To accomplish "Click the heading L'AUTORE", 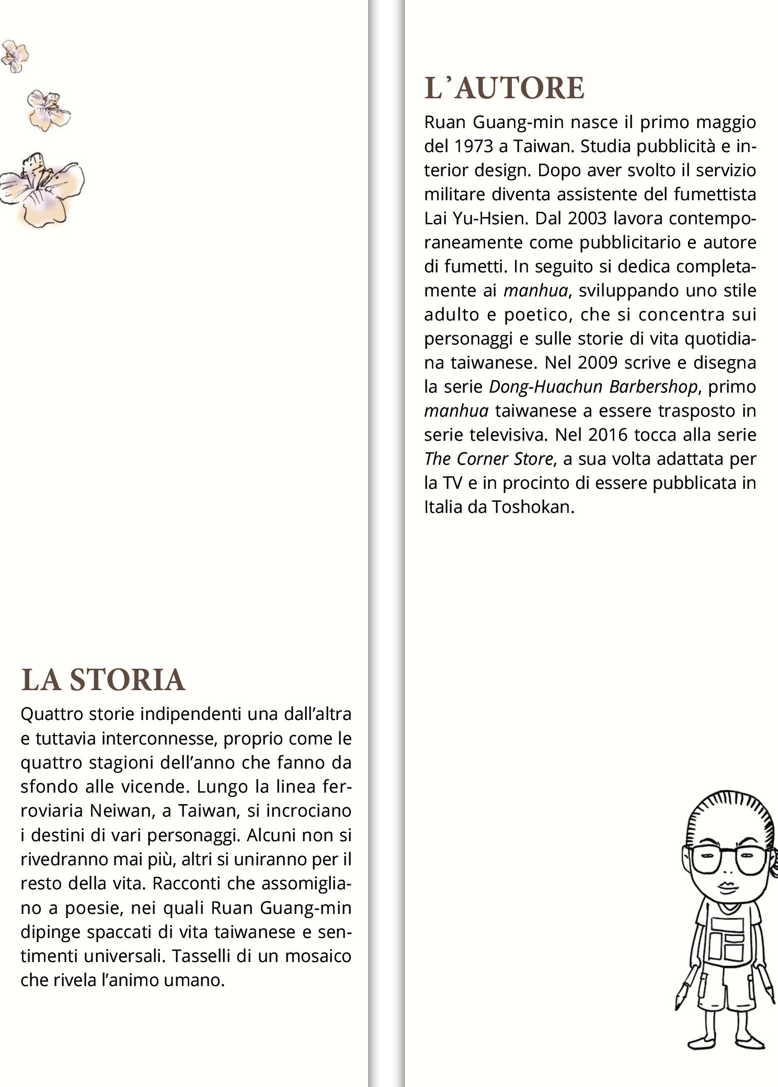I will [x=504, y=88].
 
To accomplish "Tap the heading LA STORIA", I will [x=103, y=680].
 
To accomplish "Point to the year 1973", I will [x=473, y=146].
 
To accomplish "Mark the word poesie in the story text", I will [x=94, y=908].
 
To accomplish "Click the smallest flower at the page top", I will [x=14, y=55].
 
